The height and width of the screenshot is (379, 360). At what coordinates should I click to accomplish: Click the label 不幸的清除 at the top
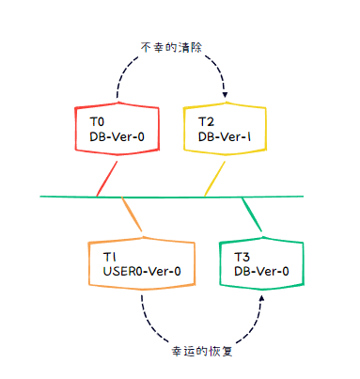click(172, 47)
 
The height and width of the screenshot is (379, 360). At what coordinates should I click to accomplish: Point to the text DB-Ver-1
click(224, 137)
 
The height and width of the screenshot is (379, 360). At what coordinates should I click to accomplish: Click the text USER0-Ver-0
click(142, 272)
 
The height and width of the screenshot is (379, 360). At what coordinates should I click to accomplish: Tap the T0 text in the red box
click(97, 122)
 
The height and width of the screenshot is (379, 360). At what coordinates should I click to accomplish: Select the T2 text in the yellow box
click(207, 122)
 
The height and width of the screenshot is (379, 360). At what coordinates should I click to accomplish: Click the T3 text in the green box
click(242, 256)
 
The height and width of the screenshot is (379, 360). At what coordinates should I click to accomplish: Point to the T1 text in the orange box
click(109, 256)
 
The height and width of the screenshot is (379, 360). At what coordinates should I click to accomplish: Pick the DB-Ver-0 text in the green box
click(260, 272)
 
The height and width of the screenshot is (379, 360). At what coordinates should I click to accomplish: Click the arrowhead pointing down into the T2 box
click(226, 93)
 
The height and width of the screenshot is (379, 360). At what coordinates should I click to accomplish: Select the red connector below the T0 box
click(106, 179)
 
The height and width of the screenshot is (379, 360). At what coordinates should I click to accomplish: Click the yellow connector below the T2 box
click(215, 179)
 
